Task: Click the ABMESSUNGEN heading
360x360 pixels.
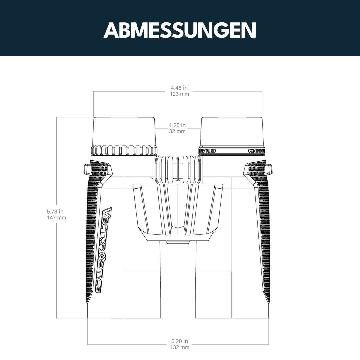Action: click(180, 30)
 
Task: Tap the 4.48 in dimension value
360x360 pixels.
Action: click(179, 88)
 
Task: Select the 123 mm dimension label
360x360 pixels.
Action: click(179, 94)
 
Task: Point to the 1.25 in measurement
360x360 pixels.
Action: click(177, 125)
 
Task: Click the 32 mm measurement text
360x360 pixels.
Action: click(177, 131)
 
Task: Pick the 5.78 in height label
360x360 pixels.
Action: click(55, 212)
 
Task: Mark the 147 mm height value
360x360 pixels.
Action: click(56, 218)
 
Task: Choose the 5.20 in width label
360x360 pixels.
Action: click(180, 341)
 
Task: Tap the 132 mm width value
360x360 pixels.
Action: click(180, 347)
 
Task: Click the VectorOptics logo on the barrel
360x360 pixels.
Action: click(104, 250)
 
